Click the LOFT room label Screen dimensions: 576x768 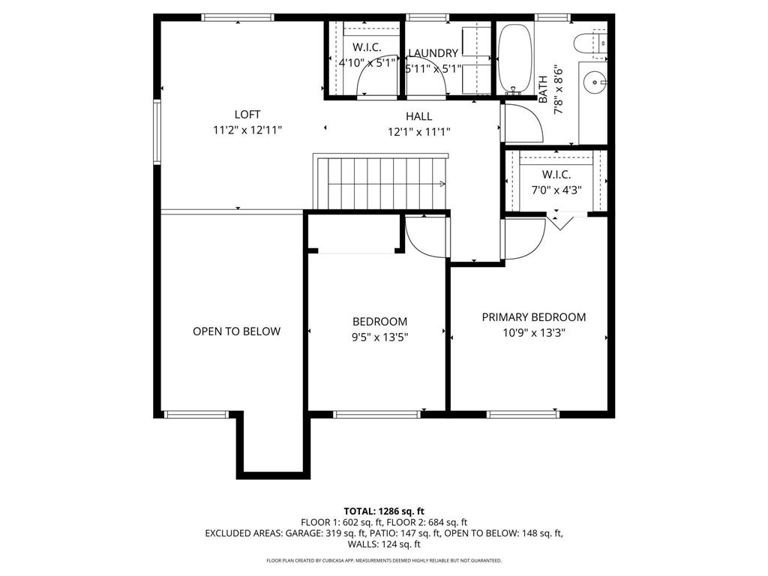[247, 115]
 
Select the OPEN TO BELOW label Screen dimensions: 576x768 [236, 331]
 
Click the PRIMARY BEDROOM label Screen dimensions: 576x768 [533, 317]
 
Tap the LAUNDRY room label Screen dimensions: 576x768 [433, 53]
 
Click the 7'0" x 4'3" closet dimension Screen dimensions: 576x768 [556, 190]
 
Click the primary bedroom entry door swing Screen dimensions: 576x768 [523, 239]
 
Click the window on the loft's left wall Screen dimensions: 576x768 [157, 132]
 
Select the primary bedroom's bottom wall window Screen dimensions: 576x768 [522, 413]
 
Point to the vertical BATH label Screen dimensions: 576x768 [543, 89]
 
